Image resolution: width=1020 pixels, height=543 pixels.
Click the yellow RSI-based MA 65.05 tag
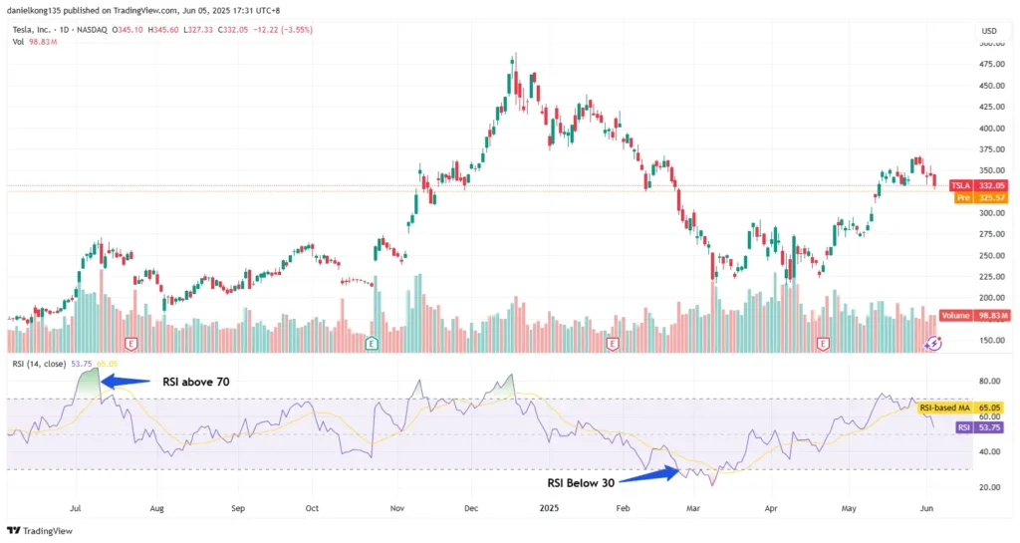click(960, 408)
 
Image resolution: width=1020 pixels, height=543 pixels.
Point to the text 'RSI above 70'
click(191, 381)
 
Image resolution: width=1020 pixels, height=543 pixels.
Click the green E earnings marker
click(372, 344)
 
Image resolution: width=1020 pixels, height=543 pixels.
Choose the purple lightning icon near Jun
click(933, 344)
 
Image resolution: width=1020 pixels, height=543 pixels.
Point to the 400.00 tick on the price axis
click(990, 129)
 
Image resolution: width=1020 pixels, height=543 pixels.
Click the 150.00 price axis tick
click(990, 340)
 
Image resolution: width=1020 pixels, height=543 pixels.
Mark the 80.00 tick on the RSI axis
click(989, 381)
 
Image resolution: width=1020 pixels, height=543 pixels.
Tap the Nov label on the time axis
click(396, 507)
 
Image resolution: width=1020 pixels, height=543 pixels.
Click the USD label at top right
click(989, 30)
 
